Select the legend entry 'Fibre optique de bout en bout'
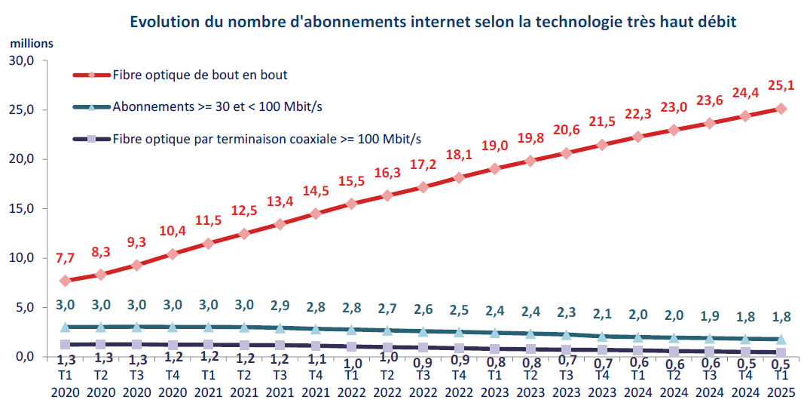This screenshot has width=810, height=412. click(x=199, y=75)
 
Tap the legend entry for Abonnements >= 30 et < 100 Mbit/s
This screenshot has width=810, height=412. click(x=217, y=106)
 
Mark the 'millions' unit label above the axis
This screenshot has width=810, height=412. click(x=32, y=43)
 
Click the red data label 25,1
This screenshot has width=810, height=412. click(x=781, y=87)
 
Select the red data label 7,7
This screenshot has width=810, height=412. click(x=65, y=258)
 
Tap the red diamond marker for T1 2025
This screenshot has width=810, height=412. click(x=781, y=109)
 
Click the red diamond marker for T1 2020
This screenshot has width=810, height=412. click(x=65, y=281)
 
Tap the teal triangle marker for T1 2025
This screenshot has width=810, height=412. click(x=781, y=340)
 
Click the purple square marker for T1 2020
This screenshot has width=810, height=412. click(x=65, y=344)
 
